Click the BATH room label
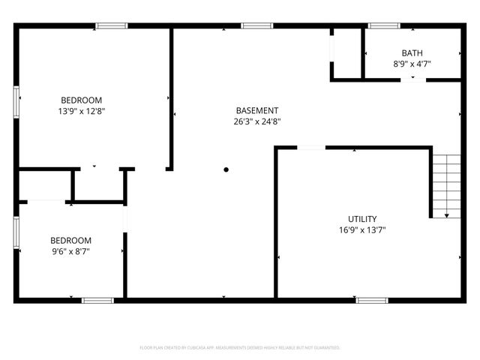[412, 53]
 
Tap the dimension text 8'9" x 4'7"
[412, 64]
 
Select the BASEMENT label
[257, 110]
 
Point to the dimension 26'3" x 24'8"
[257, 121]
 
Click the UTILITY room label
[361, 219]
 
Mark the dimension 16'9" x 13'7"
[361, 230]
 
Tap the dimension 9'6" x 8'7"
[71, 251]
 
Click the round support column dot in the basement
[226, 169]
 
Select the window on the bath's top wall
[384, 26]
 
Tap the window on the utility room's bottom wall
[371, 300]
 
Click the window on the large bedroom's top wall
[111, 26]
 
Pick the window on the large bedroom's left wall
[16, 101]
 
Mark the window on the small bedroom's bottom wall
[97, 300]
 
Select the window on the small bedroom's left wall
[16, 232]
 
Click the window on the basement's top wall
[256, 26]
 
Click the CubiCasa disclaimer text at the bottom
[240, 347]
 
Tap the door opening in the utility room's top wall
[311, 148]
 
